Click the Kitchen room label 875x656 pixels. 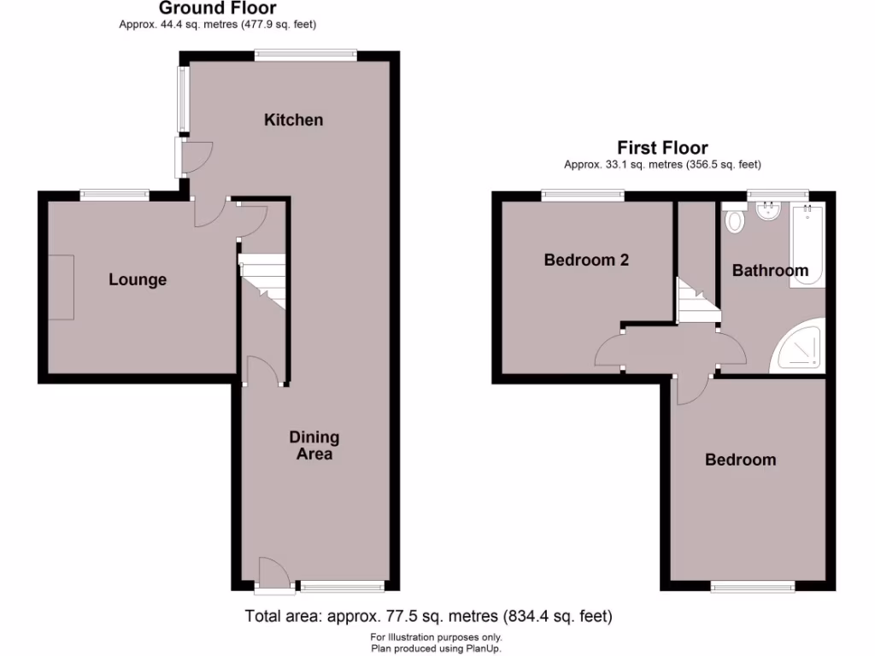coord(293,120)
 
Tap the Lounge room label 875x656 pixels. coord(138,279)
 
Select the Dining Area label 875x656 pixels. coord(314,446)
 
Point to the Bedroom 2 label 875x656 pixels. coord(586,261)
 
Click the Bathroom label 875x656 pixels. coord(770,271)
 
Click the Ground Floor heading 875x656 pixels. coord(217,9)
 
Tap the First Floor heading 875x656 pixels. coord(662,148)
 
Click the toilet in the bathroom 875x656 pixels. coord(734,220)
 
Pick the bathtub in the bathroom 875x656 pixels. coord(807,246)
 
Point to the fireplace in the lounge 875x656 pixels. coord(61,287)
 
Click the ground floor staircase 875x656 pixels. coord(261,282)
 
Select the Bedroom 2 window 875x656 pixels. coord(582,196)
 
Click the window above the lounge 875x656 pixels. coord(115,196)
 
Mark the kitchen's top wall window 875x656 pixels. coord(305,56)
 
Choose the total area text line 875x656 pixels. coord(428,615)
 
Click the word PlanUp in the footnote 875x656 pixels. coord(484,648)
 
